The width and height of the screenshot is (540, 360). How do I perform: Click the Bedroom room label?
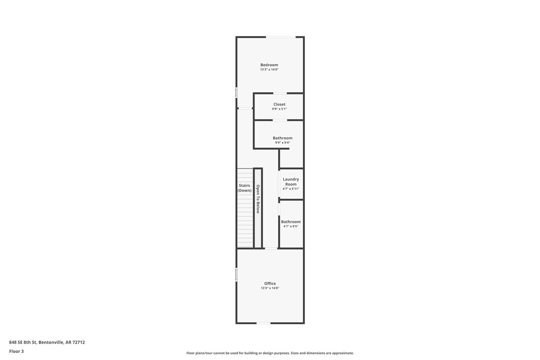pos(269,65)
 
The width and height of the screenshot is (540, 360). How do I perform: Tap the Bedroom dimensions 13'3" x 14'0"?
pos(269,70)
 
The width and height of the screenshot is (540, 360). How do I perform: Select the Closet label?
pos(279,104)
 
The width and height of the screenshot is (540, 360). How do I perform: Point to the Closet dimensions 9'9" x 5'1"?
pos(279,109)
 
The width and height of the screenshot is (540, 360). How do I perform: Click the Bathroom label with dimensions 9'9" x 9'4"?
pos(282,138)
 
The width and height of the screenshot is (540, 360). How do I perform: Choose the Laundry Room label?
pos(291,181)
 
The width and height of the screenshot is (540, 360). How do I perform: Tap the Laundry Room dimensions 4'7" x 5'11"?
pos(291,189)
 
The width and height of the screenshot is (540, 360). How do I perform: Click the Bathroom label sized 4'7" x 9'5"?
pos(291,222)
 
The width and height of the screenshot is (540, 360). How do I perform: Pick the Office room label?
pos(270,283)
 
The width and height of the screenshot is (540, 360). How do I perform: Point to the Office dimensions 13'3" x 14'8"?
pos(270,288)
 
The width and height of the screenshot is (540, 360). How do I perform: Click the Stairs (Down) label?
pos(244,188)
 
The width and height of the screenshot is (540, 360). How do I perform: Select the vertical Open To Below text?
pos(258,199)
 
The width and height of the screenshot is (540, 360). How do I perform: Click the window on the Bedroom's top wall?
pos(280,37)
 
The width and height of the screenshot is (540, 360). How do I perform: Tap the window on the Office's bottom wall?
pos(264,323)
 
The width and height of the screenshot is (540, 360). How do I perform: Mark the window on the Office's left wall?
pos(237,274)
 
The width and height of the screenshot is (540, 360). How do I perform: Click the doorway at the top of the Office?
pos(271,248)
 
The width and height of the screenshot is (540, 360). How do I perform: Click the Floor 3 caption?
pos(16,351)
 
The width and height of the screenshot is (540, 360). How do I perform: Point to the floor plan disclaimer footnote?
pos(270,353)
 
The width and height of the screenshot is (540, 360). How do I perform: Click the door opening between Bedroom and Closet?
pos(280,93)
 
